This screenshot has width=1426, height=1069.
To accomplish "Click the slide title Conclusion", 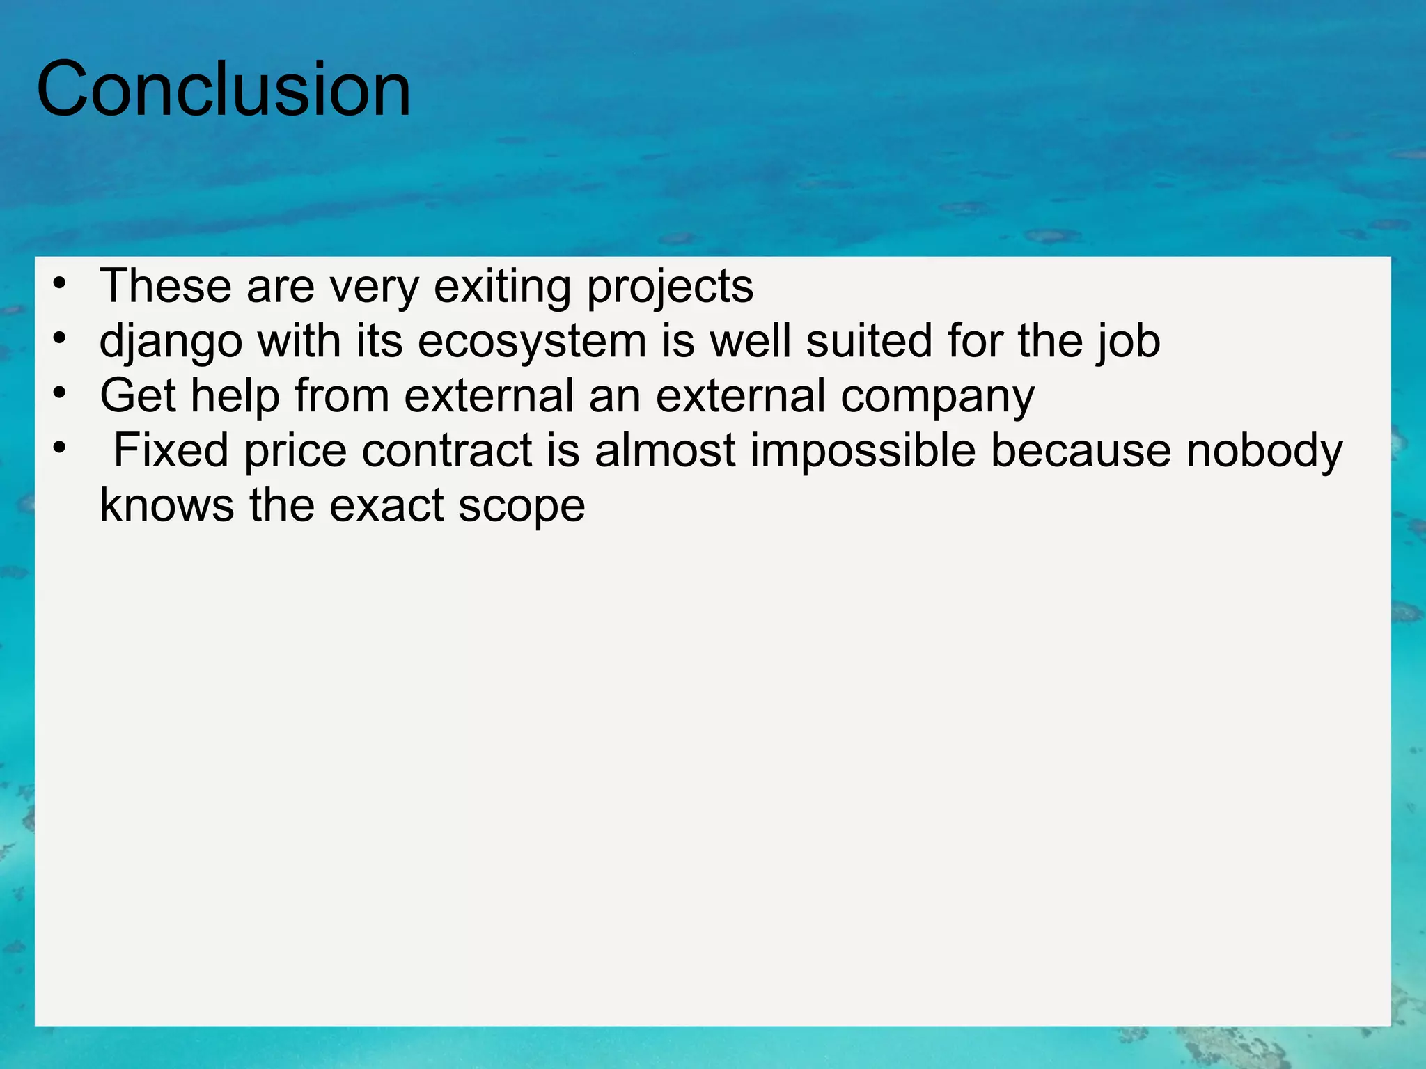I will (x=224, y=90).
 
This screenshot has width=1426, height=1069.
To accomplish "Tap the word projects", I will (x=670, y=287).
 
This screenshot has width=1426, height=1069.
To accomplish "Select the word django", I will (x=171, y=342).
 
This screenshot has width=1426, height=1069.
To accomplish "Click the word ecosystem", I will (x=532, y=342).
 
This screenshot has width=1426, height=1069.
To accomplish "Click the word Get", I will (x=138, y=396).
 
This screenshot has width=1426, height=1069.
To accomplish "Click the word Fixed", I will (x=171, y=450).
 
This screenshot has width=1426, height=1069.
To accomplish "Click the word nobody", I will (x=1264, y=450).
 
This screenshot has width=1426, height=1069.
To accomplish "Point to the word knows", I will (x=167, y=505).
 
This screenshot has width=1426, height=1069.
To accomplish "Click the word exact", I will (x=386, y=505).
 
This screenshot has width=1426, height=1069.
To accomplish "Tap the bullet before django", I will (x=60, y=339).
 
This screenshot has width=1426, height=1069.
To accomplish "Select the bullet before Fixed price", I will (x=60, y=448).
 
